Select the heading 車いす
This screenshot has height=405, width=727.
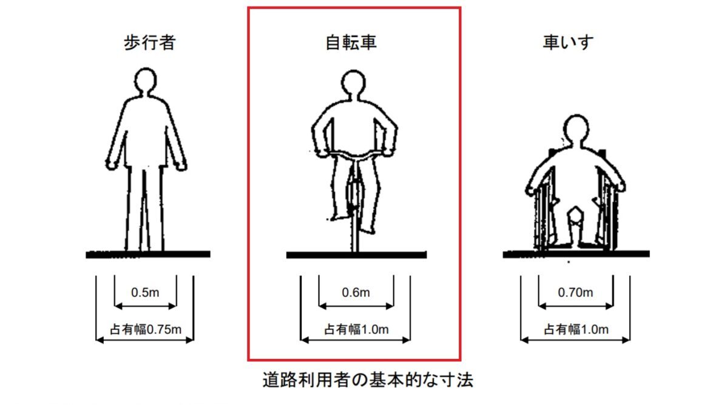pos(567,43)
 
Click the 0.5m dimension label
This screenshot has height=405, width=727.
pos(145,293)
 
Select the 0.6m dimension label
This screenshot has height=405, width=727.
pos(356,293)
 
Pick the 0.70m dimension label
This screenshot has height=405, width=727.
pos(575,293)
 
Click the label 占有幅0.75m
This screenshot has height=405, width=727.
pos(144,330)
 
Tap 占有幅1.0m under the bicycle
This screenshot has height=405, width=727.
pos(356,330)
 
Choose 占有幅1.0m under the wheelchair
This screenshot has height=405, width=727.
pos(575,330)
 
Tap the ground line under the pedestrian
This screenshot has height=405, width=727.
pos(147,255)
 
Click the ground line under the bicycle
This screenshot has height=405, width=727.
pos(356,255)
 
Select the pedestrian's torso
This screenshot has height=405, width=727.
pos(146,130)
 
